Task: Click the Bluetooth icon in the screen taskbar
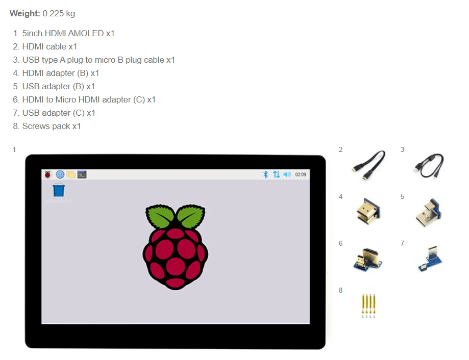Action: click(265, 174)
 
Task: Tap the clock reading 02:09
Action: click(301, 174)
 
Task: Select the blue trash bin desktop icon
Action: click(59, 190)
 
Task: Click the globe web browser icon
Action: click(60, 174)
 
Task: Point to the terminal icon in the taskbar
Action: click(82, 174)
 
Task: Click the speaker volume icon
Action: click(287, 174)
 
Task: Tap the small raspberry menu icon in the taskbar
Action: click(48, 174)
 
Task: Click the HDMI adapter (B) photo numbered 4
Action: click(368, 210)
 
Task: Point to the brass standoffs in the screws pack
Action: click(368, 303)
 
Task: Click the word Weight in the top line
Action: click(24, 14)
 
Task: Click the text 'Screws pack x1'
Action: click(52, 126)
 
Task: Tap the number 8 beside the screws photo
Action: click(341, 290)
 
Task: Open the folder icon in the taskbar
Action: click(71, 174)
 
